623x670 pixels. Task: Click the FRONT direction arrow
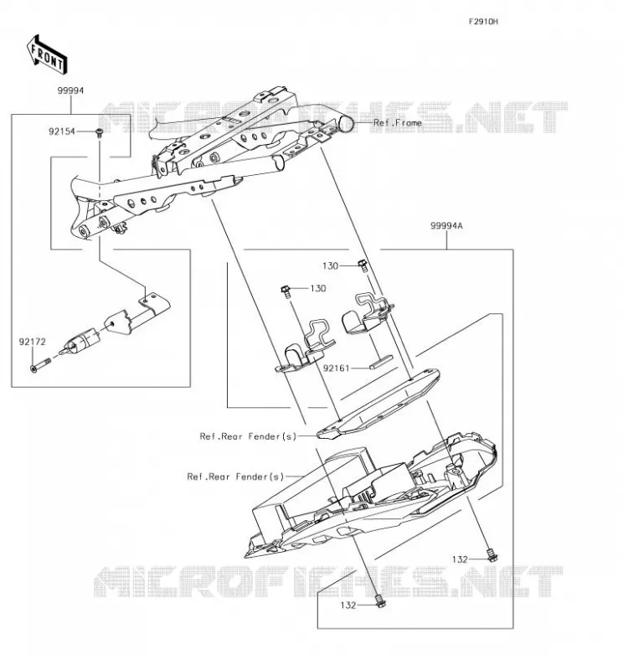coord(46,54)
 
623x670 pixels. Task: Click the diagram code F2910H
coord(483,22)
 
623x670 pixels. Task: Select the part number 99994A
coord(446,225)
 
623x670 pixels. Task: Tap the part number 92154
coord(61,131)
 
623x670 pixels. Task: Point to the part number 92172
coord(32,342)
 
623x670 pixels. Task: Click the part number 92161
coord(337,368)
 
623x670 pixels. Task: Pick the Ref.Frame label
coord(398,123)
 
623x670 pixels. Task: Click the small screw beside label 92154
coord(100,132)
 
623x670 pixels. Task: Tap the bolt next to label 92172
coord(41,365)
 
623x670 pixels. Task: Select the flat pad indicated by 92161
coord(382,362)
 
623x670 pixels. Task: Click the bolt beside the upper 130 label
coord(363,265)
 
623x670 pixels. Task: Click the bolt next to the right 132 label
coord(492,555)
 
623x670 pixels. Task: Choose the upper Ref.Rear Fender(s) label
coord(248,436)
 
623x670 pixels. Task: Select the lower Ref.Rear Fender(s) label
coord(235,477)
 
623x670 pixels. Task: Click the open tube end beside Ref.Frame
coord(346,124)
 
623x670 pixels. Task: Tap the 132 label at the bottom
coord(348,605)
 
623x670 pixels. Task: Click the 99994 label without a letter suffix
coord(71,90)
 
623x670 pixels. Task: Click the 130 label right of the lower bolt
coord(318,288)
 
